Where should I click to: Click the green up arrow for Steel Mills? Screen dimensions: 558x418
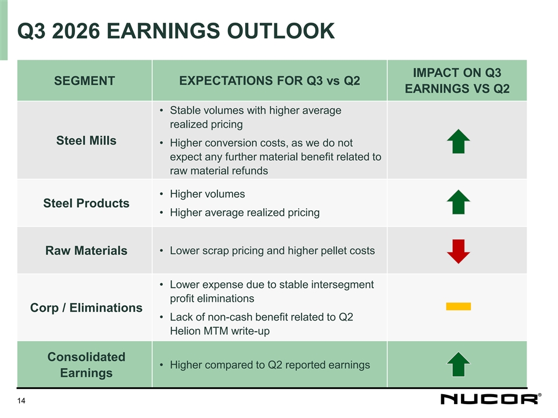point(459,142)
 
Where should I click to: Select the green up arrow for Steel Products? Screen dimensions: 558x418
point(459,202)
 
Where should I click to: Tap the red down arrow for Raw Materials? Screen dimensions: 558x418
point(459,251)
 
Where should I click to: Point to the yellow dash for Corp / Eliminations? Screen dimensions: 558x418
point(459,307)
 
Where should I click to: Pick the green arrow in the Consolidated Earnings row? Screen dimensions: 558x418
point(459,365)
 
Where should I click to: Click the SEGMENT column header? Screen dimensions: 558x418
point(85,81)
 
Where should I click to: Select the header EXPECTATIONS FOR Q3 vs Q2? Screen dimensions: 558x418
point(269,81)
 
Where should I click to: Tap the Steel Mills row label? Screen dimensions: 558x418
point(86,140)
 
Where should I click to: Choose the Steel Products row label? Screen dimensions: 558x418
point(86,203)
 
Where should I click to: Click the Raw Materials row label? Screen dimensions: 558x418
point(86,251)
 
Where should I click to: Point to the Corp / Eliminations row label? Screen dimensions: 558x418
point(86,308)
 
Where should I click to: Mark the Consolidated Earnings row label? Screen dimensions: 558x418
point(86,365)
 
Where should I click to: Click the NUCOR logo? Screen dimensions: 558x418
point(491,399)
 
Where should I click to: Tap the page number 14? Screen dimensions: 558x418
point(22,401)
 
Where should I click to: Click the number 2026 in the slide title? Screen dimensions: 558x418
point(76,31)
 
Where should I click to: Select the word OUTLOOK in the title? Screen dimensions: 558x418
point(281,31)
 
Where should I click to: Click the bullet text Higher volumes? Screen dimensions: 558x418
point(208,194)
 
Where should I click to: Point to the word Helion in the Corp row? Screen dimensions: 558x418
point(185,331)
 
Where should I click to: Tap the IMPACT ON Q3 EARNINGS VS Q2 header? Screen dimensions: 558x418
point(457,81)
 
